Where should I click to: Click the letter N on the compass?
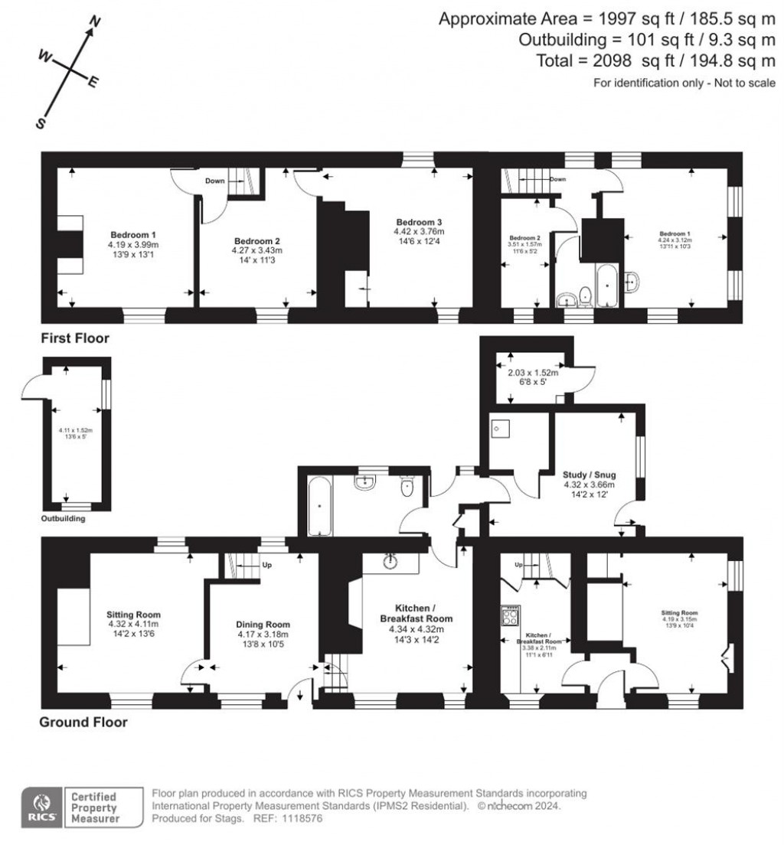click(96, 21)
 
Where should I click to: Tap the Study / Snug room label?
click(590, 475)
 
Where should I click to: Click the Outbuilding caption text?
click(63, 518)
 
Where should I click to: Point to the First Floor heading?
click(76, 338)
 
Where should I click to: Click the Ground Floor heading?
click(83, 722)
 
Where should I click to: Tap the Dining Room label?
click(263, 625)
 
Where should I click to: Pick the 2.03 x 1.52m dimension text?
click(534, 374)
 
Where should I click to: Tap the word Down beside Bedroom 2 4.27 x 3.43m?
click(214, 181)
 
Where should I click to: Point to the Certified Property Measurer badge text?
click(96, 808)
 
